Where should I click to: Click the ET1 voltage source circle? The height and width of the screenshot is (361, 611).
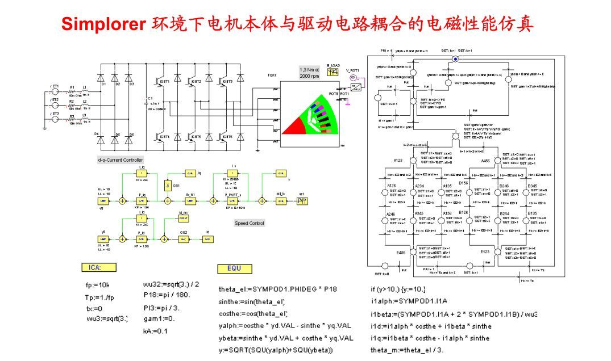(55, 91)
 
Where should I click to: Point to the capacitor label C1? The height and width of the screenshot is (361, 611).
(151, 98)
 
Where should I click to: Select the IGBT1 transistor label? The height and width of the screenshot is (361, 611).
(164, 81)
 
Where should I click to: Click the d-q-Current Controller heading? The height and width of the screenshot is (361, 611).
(120, 160)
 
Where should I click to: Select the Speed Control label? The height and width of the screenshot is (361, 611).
(250, 223)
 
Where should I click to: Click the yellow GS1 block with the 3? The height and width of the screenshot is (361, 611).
(167, 185)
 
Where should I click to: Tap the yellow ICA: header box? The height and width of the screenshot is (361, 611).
(99, 267)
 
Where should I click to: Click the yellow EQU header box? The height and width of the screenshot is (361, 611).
(234, 268)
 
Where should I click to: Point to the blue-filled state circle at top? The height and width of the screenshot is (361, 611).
(455, 59)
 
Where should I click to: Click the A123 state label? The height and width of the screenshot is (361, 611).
(398, 161)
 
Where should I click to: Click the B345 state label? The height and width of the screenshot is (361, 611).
(532, 186)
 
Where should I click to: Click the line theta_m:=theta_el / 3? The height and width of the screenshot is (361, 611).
(407, 350)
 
